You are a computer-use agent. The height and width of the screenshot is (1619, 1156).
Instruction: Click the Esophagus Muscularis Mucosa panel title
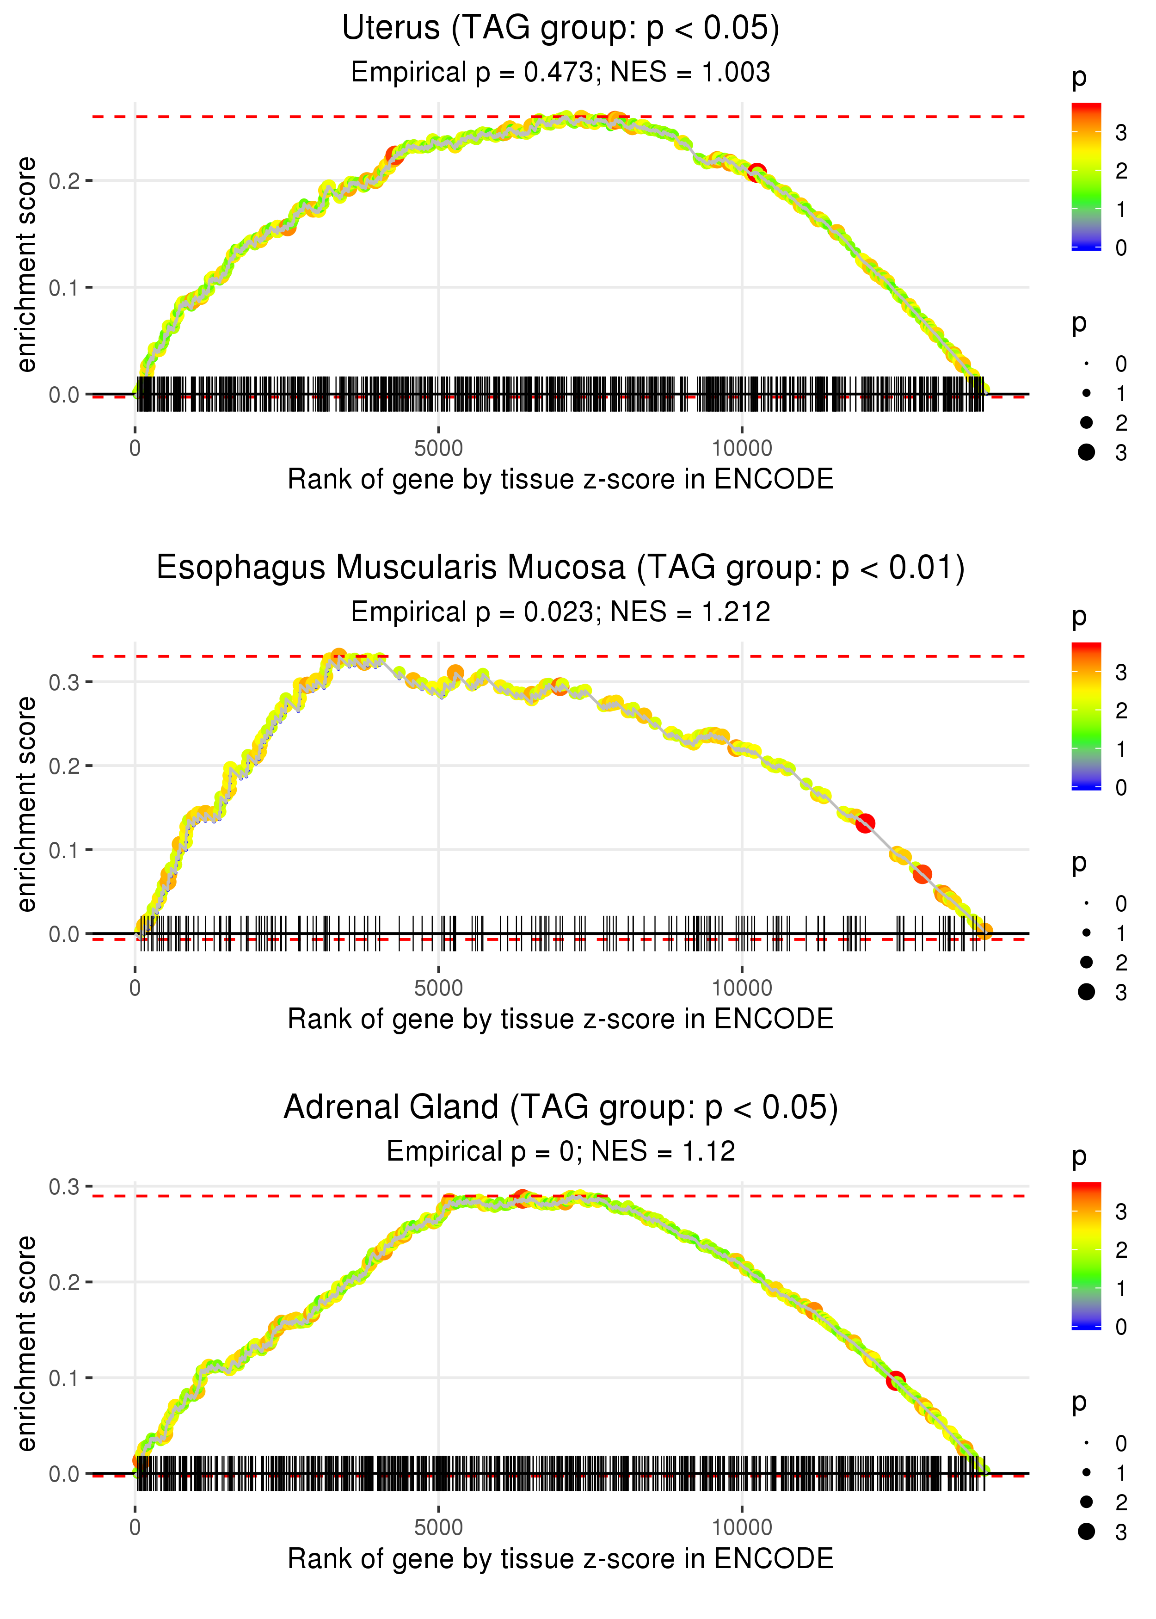560,568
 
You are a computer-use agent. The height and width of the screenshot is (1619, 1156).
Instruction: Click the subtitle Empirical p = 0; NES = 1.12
560,1151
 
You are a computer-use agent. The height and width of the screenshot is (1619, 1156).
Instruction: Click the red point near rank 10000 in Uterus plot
756,172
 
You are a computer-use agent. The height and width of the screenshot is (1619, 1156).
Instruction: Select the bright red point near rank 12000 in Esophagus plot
865,824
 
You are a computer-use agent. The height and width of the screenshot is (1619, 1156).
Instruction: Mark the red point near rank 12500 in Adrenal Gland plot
896,1380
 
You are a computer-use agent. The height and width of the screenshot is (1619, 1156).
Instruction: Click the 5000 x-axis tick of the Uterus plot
438,449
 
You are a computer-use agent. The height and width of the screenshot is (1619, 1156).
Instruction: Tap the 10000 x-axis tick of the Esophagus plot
742,988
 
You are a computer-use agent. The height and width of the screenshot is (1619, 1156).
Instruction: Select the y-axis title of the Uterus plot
26,265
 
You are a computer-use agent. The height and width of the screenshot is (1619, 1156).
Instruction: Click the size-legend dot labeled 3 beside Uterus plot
1086,452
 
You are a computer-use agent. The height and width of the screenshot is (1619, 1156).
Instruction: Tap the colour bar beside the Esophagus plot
1086,716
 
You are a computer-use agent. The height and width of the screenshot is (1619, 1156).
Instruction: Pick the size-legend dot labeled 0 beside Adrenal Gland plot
1086,1443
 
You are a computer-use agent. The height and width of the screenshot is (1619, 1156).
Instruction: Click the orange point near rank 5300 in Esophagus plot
455,673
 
